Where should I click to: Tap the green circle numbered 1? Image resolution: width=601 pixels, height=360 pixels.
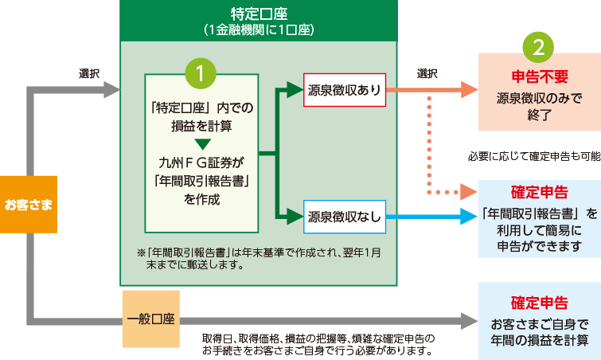tap(201, 72)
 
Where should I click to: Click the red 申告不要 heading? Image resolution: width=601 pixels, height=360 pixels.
tap(539, 77)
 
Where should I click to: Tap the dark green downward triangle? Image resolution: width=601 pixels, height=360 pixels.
tap(201, 143)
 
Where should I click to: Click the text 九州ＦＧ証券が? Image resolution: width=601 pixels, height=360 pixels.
tap(201, 163)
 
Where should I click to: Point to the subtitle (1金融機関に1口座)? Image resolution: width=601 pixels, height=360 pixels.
tap(256, 30)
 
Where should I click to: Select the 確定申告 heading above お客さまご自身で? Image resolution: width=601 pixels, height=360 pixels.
tap(539, 303)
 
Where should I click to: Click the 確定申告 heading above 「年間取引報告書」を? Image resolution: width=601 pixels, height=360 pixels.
tap(539, 194)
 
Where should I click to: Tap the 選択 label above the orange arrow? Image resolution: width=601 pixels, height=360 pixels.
tap(427, 73)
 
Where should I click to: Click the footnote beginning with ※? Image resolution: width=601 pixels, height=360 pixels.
tap(259, 258)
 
